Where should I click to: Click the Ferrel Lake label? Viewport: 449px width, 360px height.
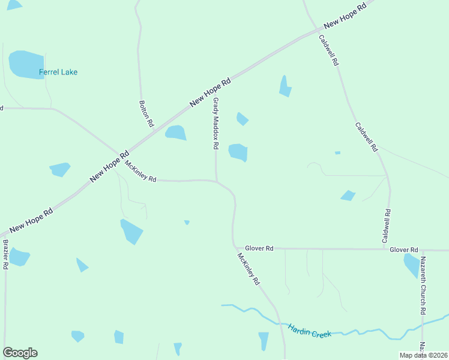coord(58,72)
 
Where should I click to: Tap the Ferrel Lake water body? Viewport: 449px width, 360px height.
coord(26,64)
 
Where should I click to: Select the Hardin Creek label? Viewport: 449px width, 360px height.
coord(309,331)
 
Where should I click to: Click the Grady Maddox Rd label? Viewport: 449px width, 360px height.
coord(215,124)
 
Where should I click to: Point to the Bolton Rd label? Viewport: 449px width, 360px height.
coord(146,113)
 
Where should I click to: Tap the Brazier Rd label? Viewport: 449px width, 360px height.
coord(5,254)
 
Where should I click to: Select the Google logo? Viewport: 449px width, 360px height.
coord(20,353)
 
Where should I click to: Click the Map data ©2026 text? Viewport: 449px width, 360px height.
coord(424,355)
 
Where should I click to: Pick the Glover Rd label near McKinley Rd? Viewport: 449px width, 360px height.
coord(259,248)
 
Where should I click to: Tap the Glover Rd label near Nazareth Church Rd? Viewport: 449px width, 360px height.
coord(403,249)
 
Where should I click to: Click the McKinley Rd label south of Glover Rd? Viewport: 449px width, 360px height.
coord(248,268)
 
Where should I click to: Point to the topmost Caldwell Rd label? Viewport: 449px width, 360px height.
coord(329,50)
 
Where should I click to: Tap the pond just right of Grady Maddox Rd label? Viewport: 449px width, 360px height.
coord(238,152)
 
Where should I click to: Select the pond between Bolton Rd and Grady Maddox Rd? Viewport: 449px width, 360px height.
coord(175,133)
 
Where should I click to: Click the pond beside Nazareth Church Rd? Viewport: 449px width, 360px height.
coord(412,264)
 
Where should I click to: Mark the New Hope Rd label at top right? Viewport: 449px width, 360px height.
coord(345,17)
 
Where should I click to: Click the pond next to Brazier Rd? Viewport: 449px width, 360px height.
coord(19,257)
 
